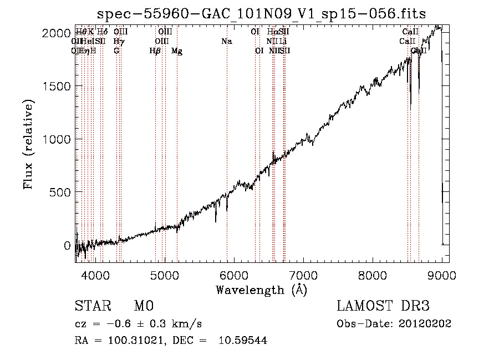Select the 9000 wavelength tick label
point(442,275)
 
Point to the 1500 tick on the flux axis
point(56,86)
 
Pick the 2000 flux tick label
point(56,33)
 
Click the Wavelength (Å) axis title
point(261,290)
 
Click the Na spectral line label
point(226,41)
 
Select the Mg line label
point(177,51)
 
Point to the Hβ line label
point(155,51)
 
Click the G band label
point(116,50)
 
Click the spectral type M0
point(143,307)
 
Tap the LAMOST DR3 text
point(383,307)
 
